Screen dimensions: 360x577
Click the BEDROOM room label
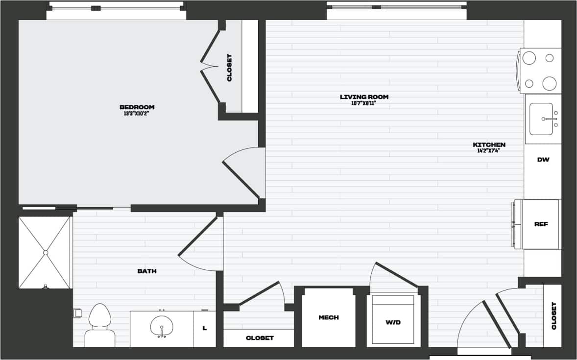137,107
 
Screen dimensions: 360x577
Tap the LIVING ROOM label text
364,97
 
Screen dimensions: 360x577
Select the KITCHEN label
489,145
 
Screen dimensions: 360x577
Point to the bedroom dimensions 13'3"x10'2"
137,114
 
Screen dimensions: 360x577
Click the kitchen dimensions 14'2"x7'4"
489,151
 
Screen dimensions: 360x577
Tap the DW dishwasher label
542,160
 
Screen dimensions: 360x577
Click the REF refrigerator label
541,224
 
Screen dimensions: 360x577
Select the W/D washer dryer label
393,322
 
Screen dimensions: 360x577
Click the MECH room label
328,317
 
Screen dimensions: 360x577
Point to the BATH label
147,271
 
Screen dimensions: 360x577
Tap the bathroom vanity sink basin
161,326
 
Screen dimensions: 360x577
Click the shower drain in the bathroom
45,253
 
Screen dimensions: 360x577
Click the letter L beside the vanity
205,328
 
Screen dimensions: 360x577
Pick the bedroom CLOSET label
229,67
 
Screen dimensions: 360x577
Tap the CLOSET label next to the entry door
554,315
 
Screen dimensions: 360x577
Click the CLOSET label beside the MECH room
260,338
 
